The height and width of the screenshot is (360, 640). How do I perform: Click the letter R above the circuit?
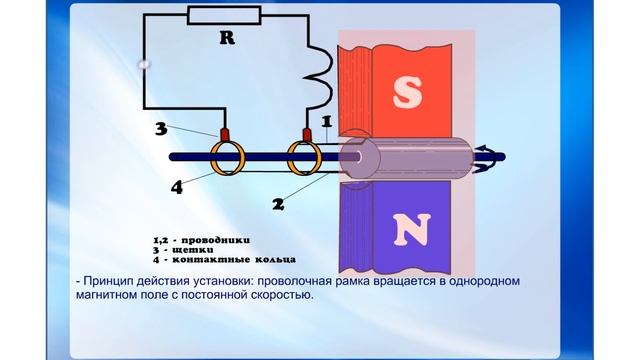226,38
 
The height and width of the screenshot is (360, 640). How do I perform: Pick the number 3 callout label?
161,130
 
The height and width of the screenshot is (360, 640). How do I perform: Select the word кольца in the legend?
248,260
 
